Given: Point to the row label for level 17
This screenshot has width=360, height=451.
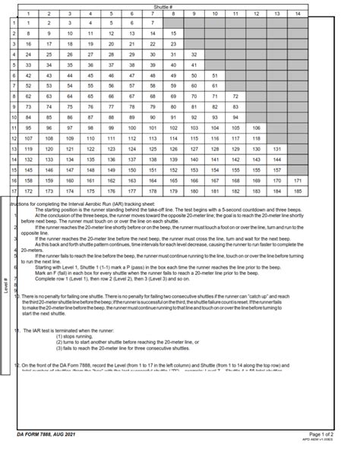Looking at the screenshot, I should (14, 191).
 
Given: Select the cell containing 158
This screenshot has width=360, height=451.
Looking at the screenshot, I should (28, 181).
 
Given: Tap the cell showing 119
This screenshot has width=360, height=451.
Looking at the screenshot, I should (28, 149).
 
